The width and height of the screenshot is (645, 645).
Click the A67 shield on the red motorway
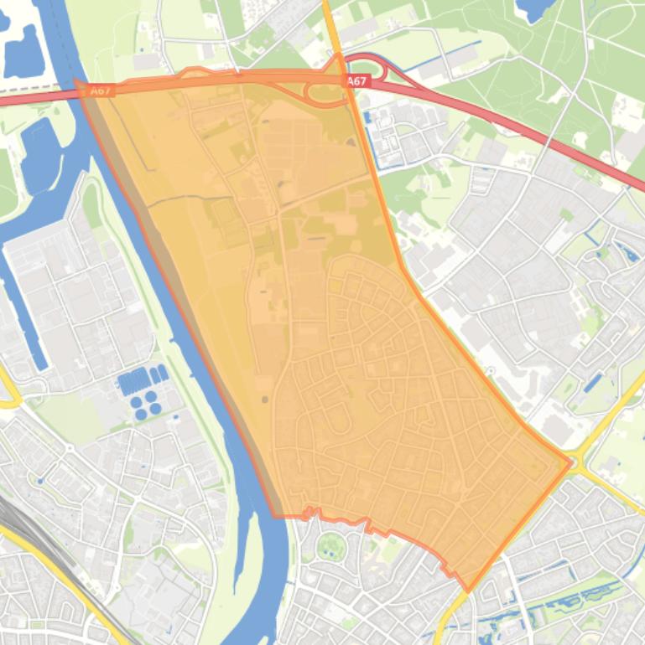tap(356, 81)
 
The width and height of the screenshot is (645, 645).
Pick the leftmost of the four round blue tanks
tap(137, 400)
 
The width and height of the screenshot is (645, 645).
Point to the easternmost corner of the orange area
tap(571, 460)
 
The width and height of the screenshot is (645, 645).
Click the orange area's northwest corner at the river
tap(77, 83)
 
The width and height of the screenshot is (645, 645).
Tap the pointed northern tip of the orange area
tap(338, 56)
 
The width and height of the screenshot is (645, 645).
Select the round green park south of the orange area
tap(330, 547)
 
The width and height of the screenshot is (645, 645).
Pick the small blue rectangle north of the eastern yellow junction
tap(593, 383)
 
